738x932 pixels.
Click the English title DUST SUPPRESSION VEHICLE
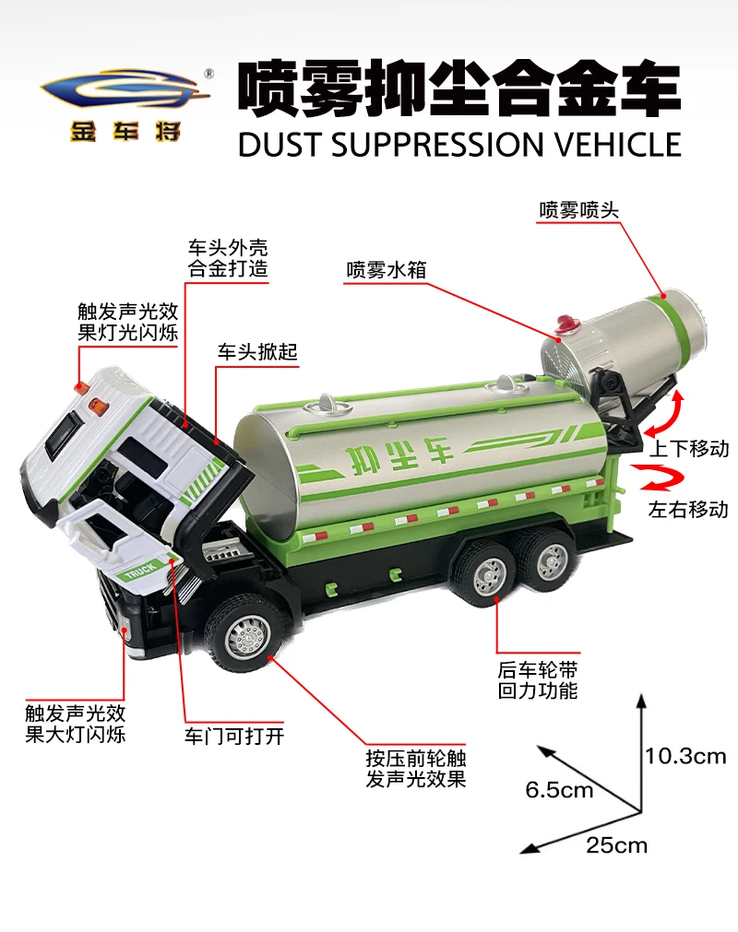click(x=459, y=145)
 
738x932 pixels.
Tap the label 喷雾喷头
click(x=578, y=211)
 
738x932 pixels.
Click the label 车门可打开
click(x=234, y=736)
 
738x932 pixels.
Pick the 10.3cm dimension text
click(x=685, y=757)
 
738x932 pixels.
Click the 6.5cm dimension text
click(x=560, y=790)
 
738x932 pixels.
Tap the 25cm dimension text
click(x=616, y=844)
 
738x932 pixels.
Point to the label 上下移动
click(x=689, y=450)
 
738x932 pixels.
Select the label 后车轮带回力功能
click(x=537, y=679)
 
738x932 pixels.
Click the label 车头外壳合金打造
click(x=222, y=258)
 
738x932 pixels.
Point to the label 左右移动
click(x=688, y=508)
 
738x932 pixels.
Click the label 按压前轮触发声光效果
click(x=415, y=769)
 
